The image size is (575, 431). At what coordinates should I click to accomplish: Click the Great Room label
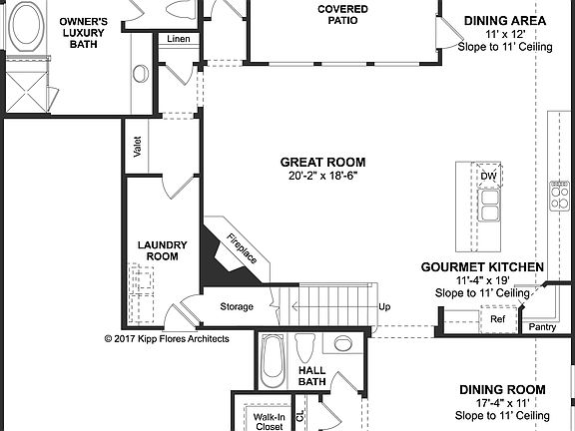point(322,162)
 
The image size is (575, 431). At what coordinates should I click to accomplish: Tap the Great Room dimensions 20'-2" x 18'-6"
point(322,176)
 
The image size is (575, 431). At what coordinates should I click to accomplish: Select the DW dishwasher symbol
point(488,177)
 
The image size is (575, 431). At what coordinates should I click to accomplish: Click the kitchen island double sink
point(489,206)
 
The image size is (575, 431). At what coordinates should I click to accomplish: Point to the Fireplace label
point(242,248)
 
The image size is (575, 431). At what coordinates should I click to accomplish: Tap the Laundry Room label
point(158,249)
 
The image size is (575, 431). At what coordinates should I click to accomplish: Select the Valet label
point(137,147)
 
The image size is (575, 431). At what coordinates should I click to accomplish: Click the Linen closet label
point(179,39)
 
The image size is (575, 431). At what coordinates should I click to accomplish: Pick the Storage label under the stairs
point(237,306)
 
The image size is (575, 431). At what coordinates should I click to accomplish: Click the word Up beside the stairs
point(384,306)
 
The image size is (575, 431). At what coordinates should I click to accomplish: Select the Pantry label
point(543,326)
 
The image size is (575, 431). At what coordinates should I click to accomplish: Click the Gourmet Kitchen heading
point(482,267)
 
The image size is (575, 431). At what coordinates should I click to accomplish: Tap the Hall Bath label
point(312,375)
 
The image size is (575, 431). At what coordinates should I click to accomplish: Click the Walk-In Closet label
point(268,421)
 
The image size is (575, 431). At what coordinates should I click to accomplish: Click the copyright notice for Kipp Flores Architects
point(167,338)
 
